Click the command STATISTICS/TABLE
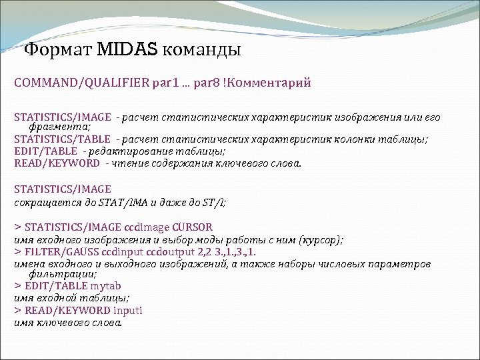(62, 139)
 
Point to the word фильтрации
(62, 274)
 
